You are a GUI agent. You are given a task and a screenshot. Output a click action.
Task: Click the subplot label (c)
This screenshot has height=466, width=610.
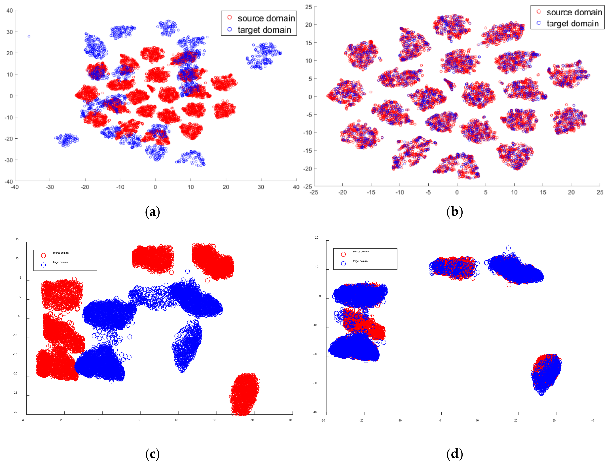tap(152, 454)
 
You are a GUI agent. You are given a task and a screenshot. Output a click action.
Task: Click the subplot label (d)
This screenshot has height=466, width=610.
tap(454, 454)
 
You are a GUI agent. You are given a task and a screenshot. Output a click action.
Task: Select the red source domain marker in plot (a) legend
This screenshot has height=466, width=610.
tap(229, 18)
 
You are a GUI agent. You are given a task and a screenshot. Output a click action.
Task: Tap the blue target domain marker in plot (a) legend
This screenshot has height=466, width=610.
tap(229, 29)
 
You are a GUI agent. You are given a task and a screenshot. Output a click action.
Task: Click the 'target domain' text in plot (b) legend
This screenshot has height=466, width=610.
tap(573, 24)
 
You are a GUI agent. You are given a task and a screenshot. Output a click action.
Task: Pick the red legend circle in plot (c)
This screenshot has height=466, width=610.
tap(43, 255)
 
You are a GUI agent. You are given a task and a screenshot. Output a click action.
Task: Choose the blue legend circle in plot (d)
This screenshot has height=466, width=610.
tap(343, 264)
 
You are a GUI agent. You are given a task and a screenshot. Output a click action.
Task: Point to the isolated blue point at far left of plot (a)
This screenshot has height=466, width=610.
tap(29, 36)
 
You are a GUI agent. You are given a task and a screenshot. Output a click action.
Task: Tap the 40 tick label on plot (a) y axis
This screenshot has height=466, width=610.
tap(10, 10)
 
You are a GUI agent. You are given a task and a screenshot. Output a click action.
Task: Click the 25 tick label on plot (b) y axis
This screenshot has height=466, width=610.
tap(308, 7)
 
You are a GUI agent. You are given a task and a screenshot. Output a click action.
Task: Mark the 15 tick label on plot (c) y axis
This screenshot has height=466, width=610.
tap(17, 239)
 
